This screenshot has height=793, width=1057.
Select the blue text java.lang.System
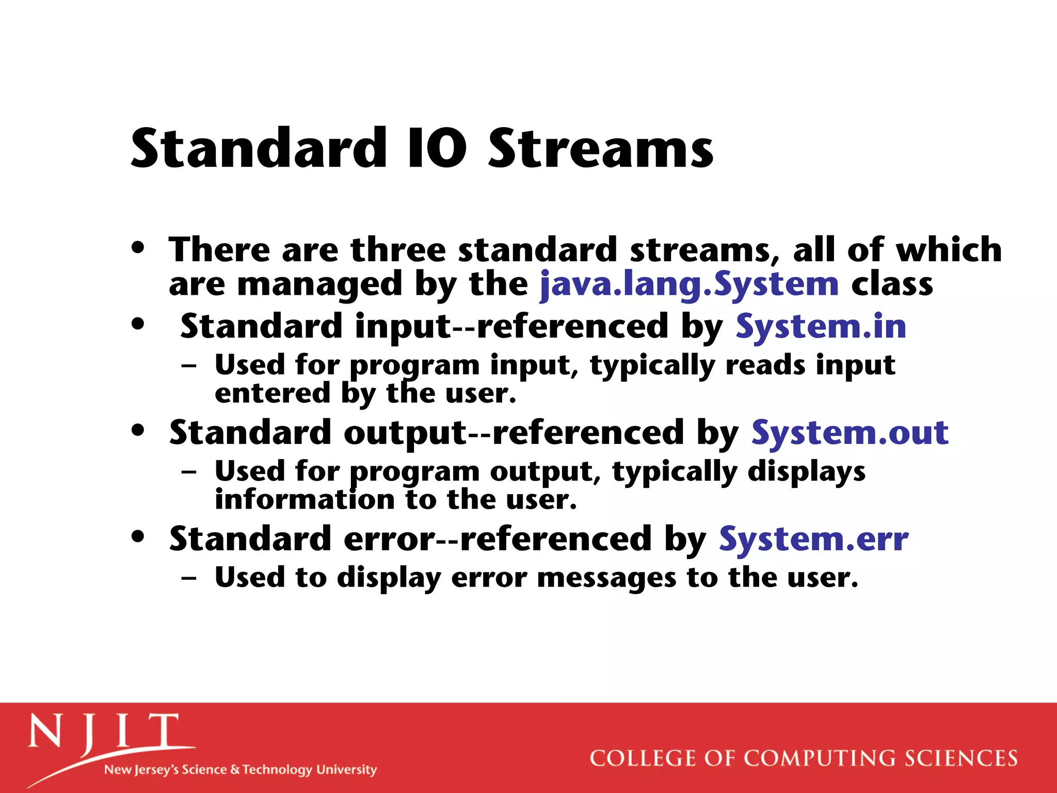point(689,284)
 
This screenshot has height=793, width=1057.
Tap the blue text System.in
point(821,327)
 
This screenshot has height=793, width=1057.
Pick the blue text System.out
point(850,433)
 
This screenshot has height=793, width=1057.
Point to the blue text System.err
point(813,539)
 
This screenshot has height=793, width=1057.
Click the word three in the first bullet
point(398,250)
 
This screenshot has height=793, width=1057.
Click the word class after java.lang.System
point(892,284)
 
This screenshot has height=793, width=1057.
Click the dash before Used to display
point(189,578)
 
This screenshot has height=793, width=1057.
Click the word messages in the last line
point(606,578)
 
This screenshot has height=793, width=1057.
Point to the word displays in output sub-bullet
point(806,472)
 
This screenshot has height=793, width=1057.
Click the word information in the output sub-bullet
point(305,500)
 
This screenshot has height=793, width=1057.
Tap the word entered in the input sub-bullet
point(272,393)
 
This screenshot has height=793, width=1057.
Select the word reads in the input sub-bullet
point(765,366)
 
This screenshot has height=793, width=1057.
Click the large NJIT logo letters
point(103,733)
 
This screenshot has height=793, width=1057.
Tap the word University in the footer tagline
point(346,769)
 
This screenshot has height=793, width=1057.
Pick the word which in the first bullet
point(949,250)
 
